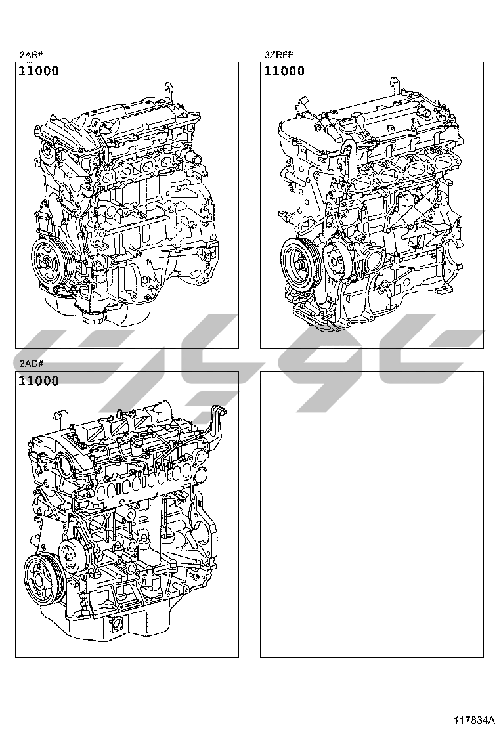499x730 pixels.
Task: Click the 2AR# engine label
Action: coord(31,55)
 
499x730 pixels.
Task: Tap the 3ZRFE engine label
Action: coord(279,55)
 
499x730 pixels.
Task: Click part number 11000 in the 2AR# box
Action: coord(39,72)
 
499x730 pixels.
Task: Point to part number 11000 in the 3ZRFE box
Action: coord(284,72)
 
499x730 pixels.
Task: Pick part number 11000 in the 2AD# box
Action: coord(39,381)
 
